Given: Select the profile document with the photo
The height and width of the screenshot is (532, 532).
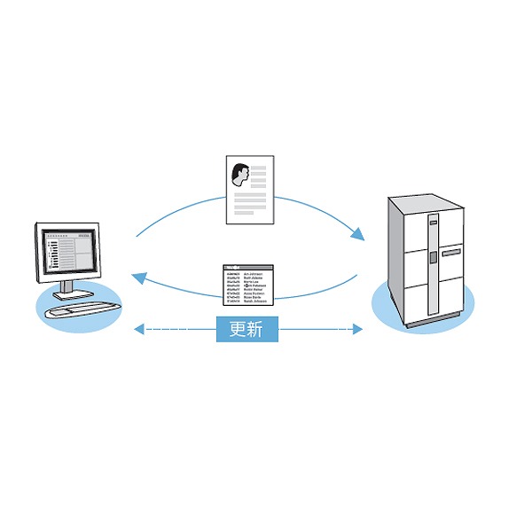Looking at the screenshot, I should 249,189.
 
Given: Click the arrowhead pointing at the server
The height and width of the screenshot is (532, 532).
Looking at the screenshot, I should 358,235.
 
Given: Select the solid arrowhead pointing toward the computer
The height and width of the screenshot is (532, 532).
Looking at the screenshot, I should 138,278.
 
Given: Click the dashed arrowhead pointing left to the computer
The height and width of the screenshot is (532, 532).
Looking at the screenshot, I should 137,330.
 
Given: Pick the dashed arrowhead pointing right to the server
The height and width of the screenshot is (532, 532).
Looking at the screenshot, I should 358,330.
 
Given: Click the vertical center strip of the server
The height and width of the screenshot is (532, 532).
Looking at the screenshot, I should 432,266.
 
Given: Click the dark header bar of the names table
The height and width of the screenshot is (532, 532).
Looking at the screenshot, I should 249,268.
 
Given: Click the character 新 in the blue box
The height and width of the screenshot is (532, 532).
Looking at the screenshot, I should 263,329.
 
